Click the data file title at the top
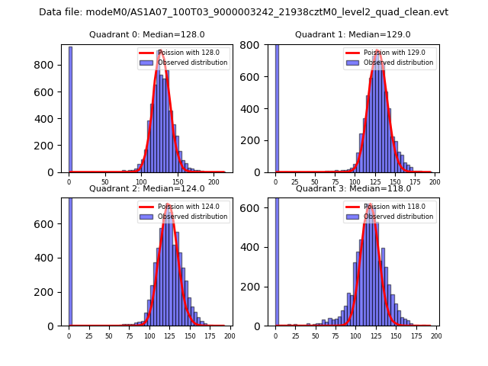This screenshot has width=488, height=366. (243, 12)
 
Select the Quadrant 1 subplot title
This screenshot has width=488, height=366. (353, 34)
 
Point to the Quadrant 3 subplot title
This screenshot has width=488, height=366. (353, 188)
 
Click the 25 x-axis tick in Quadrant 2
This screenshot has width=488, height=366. (88, 335)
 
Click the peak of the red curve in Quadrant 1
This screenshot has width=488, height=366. (377, 51)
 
